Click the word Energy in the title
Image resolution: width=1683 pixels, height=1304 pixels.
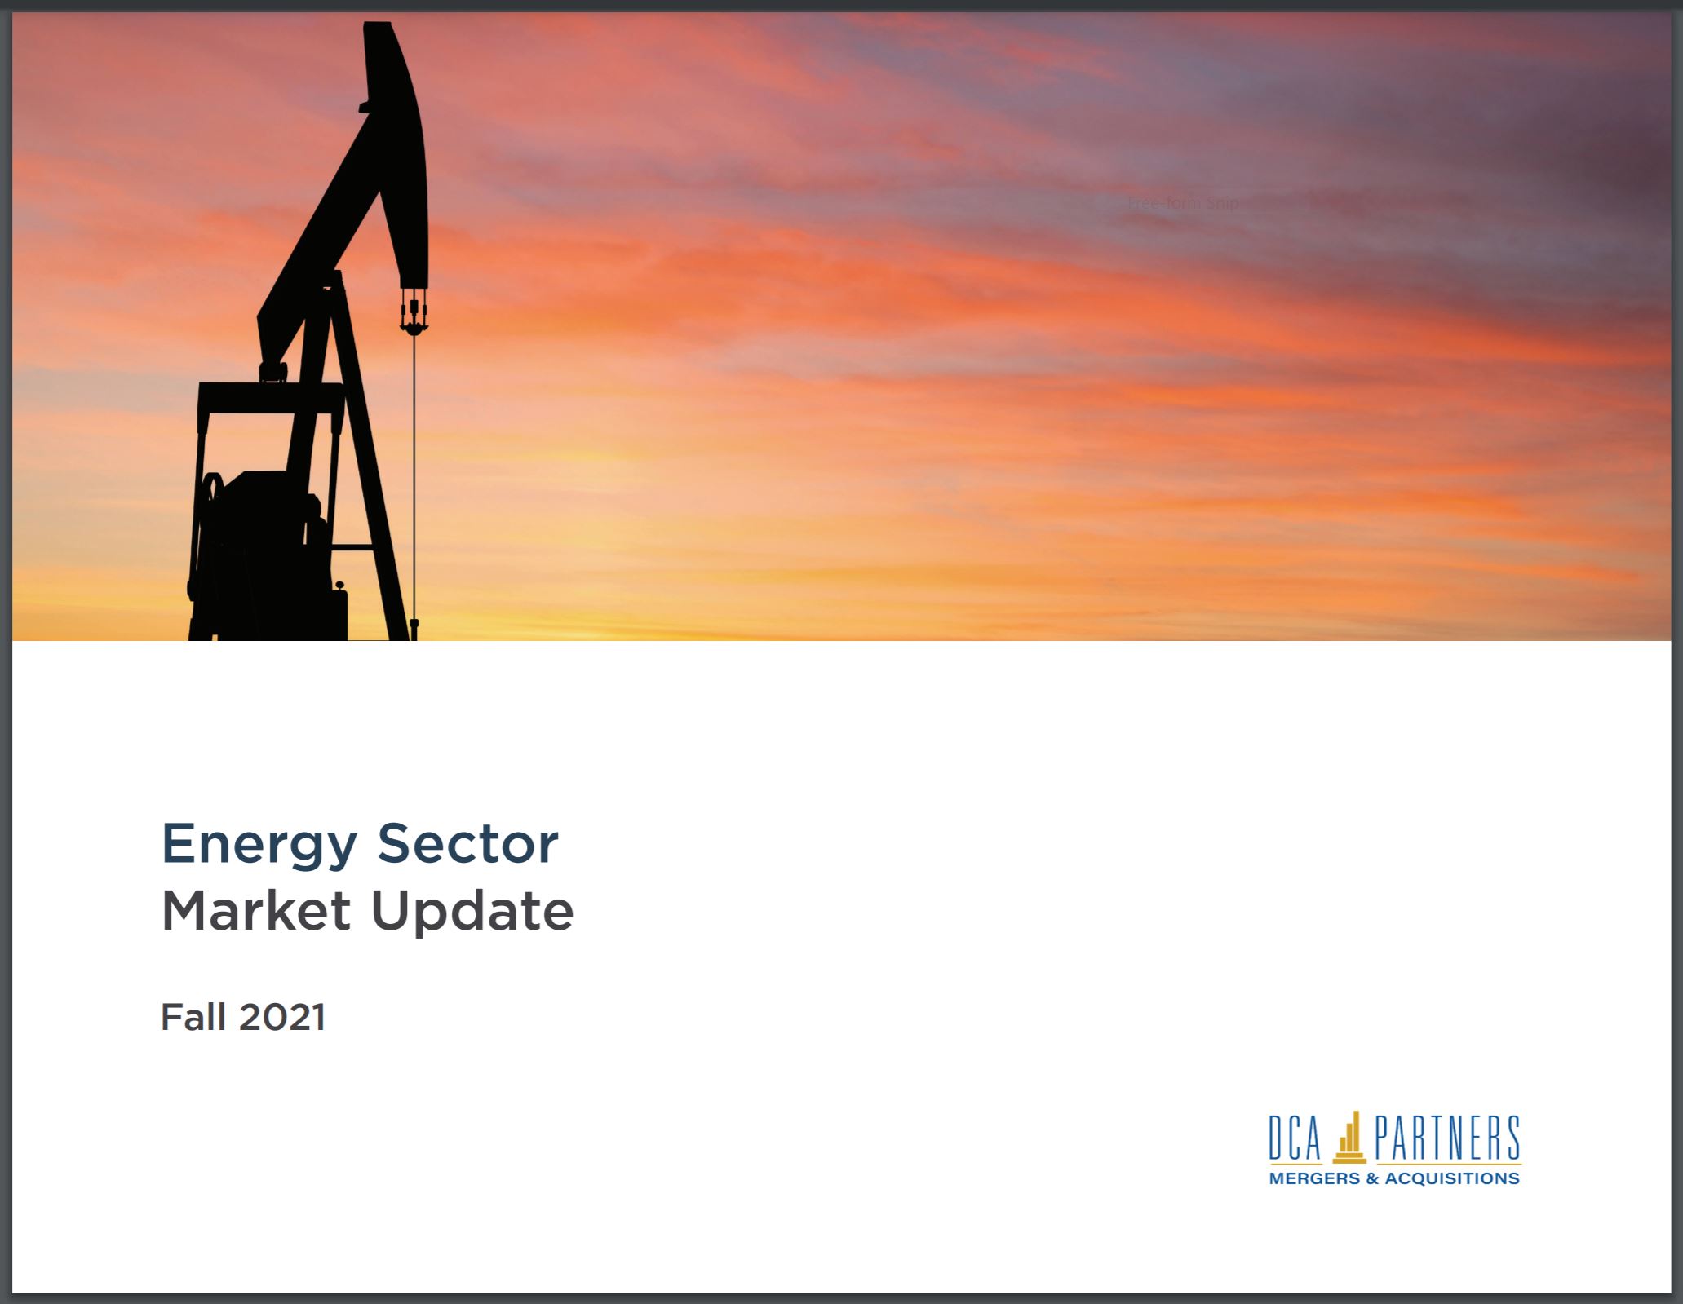(259, 846)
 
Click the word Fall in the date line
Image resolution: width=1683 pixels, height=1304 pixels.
(193, 1017)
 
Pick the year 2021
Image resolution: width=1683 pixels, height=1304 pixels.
(282, 1017)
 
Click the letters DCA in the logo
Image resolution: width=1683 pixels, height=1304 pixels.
(1295, 1139)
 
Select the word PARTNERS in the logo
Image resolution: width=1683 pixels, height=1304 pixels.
(1447, 1139)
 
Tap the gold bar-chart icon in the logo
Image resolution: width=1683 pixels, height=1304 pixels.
(1349, 1136)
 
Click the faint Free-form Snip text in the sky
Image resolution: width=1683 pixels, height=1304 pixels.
(1183, 203)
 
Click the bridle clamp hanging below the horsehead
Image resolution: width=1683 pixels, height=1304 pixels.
(414, 315)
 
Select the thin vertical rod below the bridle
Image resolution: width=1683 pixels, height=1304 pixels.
(414, 481)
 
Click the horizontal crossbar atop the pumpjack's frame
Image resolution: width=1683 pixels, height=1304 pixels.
(271, 397)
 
